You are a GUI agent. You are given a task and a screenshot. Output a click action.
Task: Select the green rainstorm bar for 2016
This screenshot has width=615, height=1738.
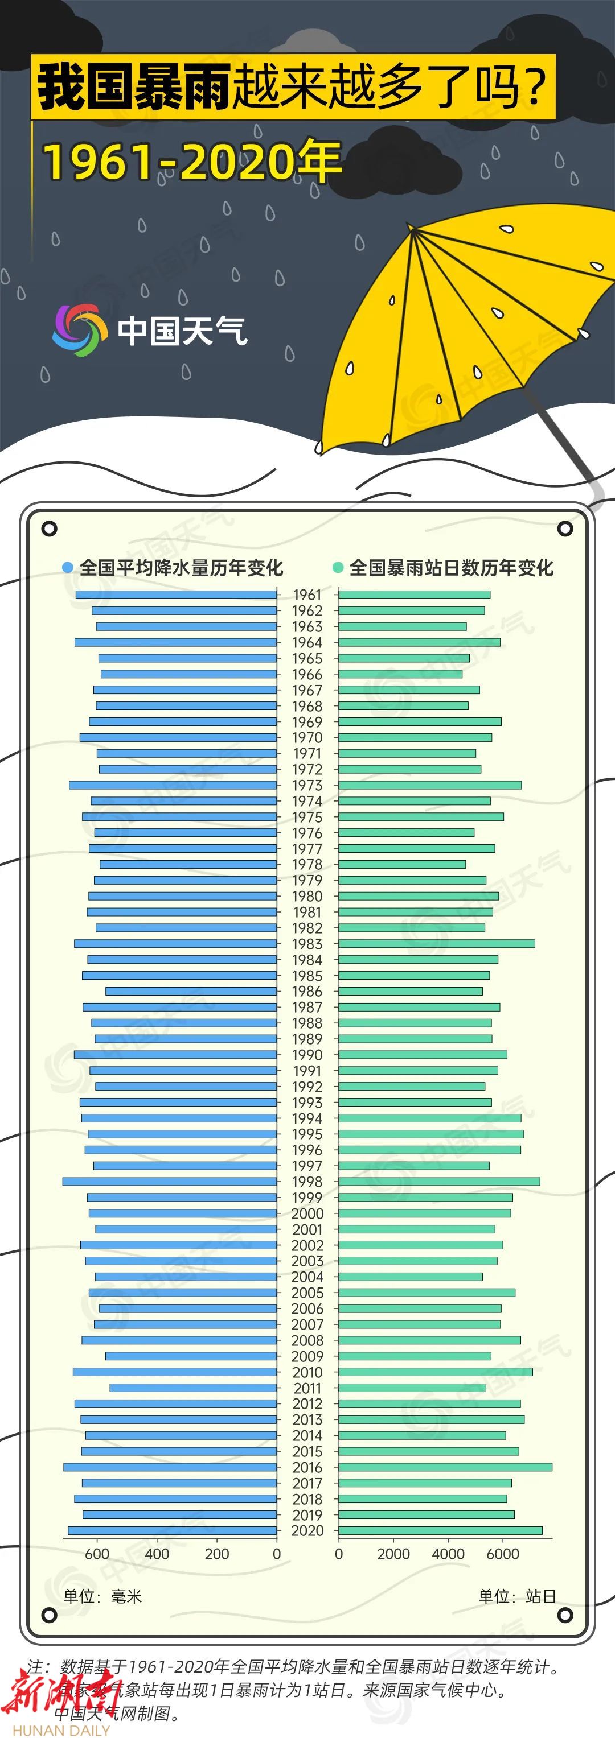(445, 1467)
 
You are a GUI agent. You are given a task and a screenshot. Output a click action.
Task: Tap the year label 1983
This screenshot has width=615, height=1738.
(307, 944)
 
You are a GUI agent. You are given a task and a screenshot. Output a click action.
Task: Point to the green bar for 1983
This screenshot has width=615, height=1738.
(436, 943)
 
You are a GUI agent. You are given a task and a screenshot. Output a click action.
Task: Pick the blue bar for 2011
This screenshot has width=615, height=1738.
(193, 1388)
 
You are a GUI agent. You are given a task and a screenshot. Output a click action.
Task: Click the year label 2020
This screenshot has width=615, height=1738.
(307, 1531)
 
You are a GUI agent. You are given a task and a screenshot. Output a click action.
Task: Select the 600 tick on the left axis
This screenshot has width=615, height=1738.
(97, 1554)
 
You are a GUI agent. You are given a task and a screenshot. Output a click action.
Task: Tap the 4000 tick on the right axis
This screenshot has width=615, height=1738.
(448, 1554)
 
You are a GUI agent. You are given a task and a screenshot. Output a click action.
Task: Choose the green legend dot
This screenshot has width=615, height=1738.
(338, 567)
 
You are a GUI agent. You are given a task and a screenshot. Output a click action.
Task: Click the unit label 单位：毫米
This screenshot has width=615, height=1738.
(102, 1596)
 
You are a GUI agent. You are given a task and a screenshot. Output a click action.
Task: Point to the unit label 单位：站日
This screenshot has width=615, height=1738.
(517, 1596)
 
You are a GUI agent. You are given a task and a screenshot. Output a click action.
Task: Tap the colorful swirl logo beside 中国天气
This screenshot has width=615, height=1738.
(80, 330)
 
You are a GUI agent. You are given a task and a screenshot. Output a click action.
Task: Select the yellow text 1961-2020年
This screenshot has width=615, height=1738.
(192, 162)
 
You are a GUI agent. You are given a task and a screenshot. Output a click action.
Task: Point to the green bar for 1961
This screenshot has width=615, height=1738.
(414, 595)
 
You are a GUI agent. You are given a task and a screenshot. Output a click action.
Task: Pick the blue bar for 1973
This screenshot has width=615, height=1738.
(173, 785)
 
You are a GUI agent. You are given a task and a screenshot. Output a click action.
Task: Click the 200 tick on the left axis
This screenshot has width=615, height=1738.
(217, 1554)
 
